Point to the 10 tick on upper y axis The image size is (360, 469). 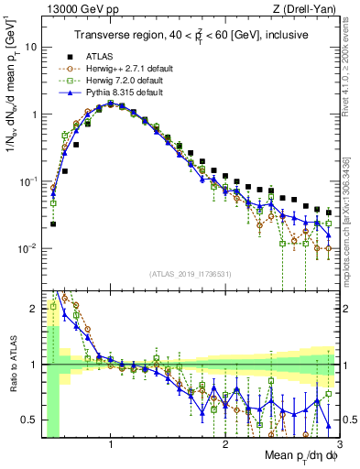coord(30,46)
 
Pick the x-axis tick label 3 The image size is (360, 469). coord(339,444)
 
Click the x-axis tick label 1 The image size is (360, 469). coord(111,444)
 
